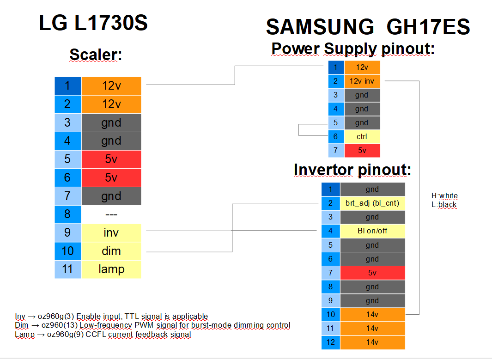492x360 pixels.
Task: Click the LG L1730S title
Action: [93, 23]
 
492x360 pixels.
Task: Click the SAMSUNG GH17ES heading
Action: [368, 27]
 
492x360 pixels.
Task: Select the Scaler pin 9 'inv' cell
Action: [111, 232]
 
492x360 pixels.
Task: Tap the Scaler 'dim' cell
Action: [111, 251]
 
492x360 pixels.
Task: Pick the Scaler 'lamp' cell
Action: [111, 269]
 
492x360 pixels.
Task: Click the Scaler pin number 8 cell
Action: [68, 214]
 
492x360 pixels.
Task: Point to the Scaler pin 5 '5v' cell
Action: [111, 159]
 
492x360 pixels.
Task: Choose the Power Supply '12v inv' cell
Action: [362, 81]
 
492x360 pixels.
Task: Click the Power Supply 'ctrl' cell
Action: [362, 136]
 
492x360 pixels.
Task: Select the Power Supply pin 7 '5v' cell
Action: [362, 150]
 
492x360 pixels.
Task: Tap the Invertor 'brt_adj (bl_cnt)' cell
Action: [372, 203]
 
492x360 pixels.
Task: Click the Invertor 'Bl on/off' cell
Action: [372, 231]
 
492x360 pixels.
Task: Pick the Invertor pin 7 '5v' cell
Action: [372, 273]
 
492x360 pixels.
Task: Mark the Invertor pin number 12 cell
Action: [331, 342]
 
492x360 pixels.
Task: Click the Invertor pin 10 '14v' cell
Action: [372, 315]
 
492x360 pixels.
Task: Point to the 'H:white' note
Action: [444, 196]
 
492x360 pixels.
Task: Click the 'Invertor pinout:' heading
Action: [352, 170]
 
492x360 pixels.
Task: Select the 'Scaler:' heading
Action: [96, 55]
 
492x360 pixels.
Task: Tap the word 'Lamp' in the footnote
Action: [25, 335]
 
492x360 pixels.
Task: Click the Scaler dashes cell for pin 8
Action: [111, 215]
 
